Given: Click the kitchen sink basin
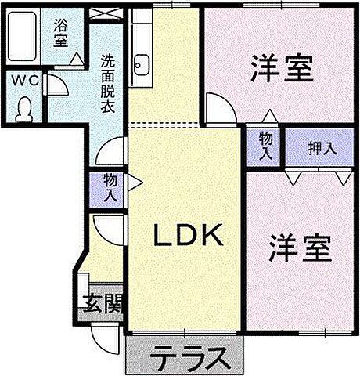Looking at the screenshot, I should pyautogui.click(x=142, y=62).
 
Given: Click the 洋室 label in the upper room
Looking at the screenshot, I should pyautogui.click(x=281, y=69).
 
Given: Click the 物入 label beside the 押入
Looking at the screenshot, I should pyautogui.click(x=266, y=146).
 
